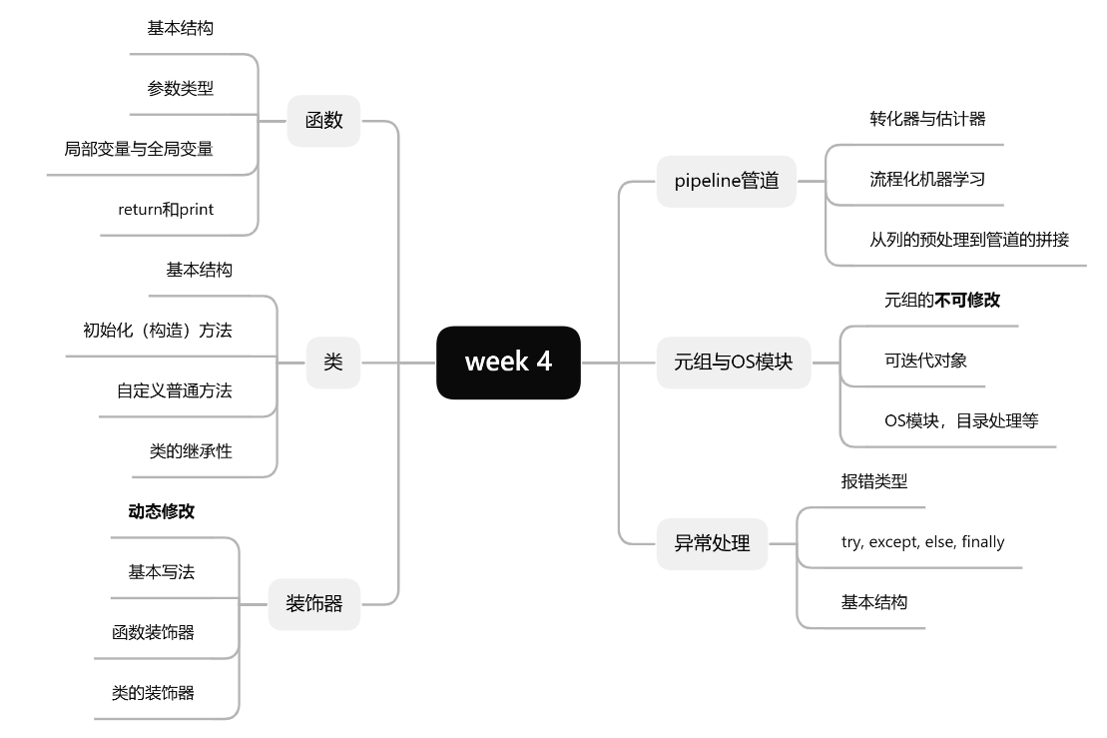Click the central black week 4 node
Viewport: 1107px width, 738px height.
pyautogui.click(x=508, y=363)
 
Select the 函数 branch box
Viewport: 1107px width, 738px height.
pyautogui.click(x=323, y=121)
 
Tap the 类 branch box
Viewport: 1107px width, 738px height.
pyautogui.click(x=332, y=363)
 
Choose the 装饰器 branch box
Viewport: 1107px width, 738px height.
pyautogui.click(x=314, y=604)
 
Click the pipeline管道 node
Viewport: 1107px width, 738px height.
pyautogui.click(x=726, y=182)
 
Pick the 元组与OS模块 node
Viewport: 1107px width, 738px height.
pyautogui.click(x=733, y=363)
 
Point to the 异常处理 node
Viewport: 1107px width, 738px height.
pyautogui.click(x=712, y=544)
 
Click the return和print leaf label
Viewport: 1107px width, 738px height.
pyautogui.click(x=166, y=210)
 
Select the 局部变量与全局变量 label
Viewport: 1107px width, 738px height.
pyautogui.click(x=139, y=149)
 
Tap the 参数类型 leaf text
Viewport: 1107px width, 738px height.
pyautogui.click(x=181, y=88)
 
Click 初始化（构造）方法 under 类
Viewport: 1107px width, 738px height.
pyautogui.click(x=158, y=331)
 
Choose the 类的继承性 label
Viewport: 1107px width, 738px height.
pyautogui.click(x=191, y=451)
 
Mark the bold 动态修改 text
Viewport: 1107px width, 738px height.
pyautogui.click(x=162, y=512)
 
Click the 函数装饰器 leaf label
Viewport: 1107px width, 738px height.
pyautogui.click(x=154, y=633)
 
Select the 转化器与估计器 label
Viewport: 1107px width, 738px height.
pyautogui.click(x=927, y=119)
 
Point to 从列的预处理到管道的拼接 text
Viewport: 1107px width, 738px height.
pyautogui.click(x=969, y=240)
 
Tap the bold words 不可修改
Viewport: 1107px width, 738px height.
pyautogui.click(x=967, y=300)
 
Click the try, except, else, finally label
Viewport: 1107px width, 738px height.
pyautogui.click(x=922, y=542)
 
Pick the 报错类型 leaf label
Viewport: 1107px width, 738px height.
pyautogui.click(x=874, y=481)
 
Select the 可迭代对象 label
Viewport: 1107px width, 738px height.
pyautogui.click(x=925, y=361)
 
